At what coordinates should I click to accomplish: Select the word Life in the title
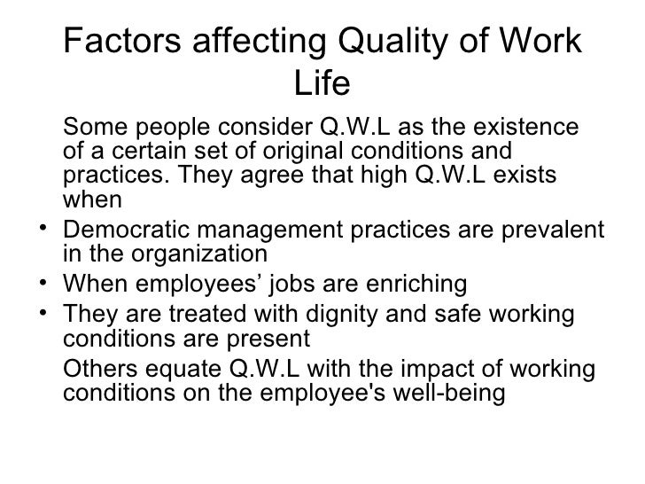(x=322, y=84)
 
